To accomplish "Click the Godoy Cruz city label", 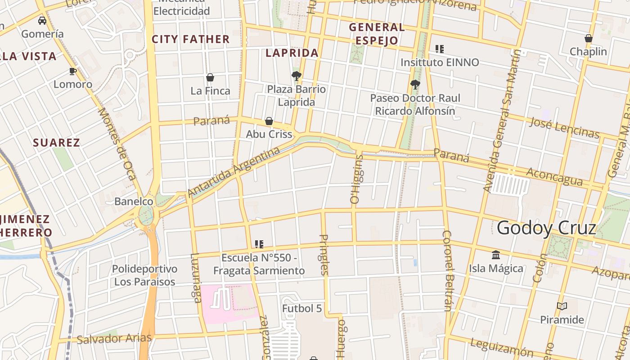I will coord(546,228).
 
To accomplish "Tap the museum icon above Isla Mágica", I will coord(496,255).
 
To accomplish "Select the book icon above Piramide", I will coord(562,306).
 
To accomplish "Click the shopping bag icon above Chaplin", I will coord(588,38).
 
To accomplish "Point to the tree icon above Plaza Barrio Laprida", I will coord(296,76).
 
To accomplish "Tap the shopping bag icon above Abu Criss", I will coord(269,121).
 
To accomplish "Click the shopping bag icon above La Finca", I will coord(210,77).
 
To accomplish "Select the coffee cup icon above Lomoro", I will coord(72,71).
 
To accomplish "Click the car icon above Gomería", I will coord(42,21).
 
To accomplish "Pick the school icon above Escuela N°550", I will coord(259,244).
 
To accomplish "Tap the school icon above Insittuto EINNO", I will coord(439,49).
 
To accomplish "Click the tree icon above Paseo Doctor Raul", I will coord(415,84).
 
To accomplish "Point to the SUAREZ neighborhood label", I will coord(57,143).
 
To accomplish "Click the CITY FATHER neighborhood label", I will coord(191,40).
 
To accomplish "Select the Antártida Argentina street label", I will coord(234,172).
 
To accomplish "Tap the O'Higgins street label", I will coord(356,179).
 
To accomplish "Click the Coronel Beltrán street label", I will coord(447,270).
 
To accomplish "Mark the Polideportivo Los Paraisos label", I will coord(144,275).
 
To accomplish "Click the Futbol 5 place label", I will coord(302,309).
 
